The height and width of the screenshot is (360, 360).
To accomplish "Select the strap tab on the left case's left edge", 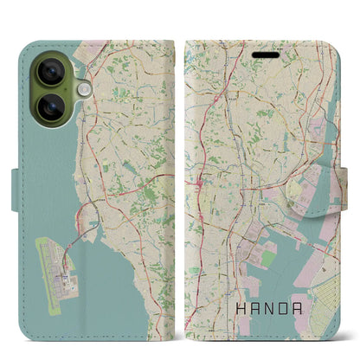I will click(17, 182).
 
